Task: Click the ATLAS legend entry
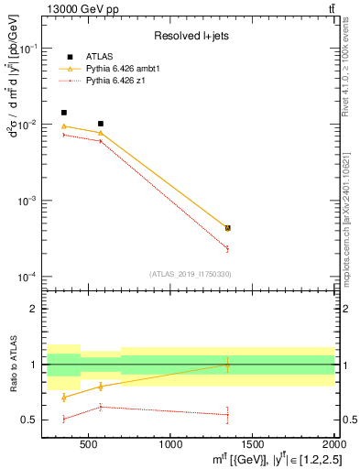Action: pyautogui.click(x=98, y=56)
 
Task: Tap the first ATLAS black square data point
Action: pyautogui.click(x=63, y=113)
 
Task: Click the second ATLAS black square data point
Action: pyautogui.click(x=101, y=124)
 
